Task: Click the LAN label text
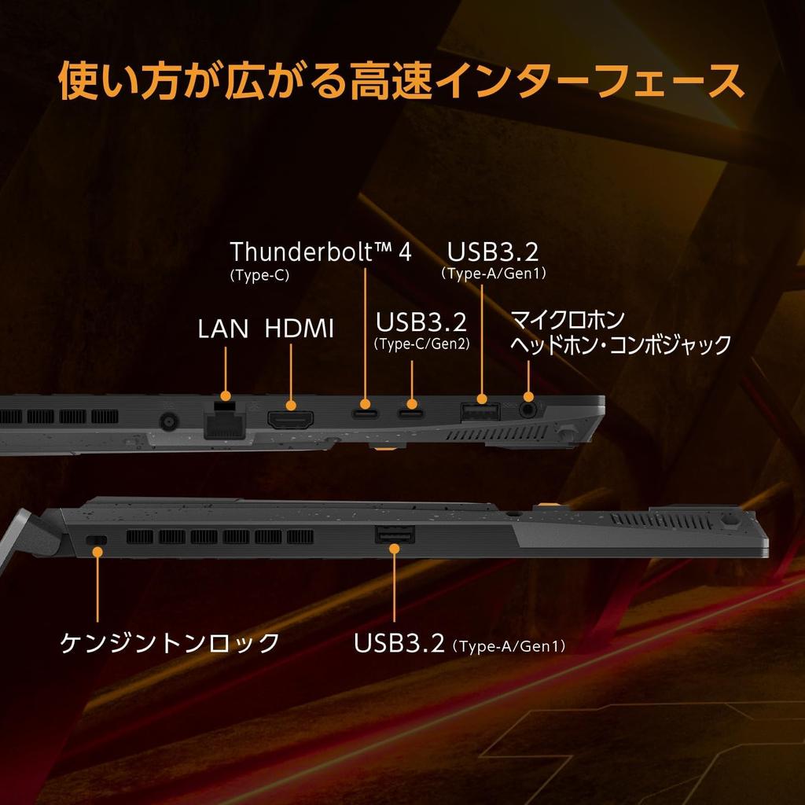pyautogui.click(x=223, y=328)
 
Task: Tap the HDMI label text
pyautogui.click(x=300, y=328)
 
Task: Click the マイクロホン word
pyautogui.click(x=568, y=320)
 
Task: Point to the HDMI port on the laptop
pyautogui.click(x=291, y=419)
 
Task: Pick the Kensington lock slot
pyautogui.click(x=97, y=540)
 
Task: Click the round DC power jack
pyautogui.click(x=167, y=422)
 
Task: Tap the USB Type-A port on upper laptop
pyautogui.click(x=480, y=411)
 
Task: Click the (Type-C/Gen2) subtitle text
pyautogui.click(x=421, y=344)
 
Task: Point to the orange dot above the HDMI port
pyautogui.click(x=291, y=405)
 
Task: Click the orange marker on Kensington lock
pyautogui.click(x=97, y=552)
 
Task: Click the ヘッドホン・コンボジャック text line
pyautogui.click(x=621, y=344)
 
